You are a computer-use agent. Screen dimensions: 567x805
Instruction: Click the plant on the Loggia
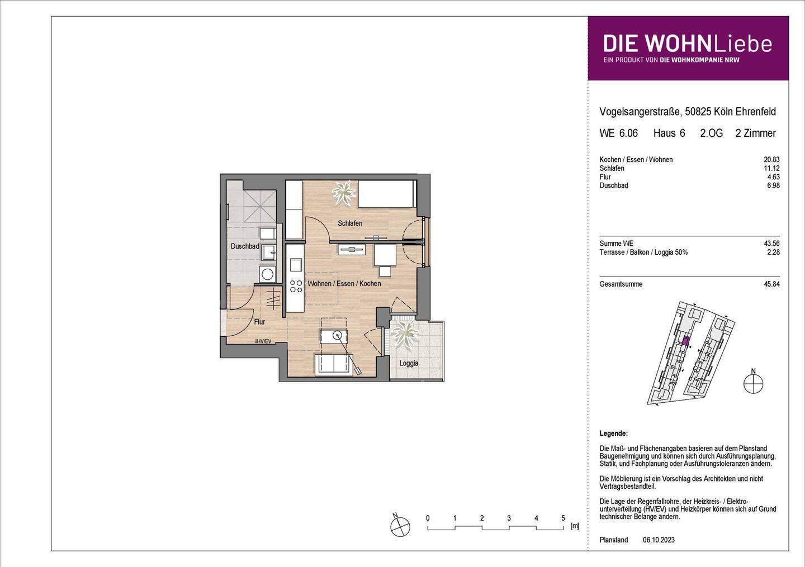(x=404, y=335)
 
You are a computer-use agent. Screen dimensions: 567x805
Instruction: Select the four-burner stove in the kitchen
(x=294, y=287)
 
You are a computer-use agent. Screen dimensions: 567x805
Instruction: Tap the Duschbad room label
(x=244, y=246)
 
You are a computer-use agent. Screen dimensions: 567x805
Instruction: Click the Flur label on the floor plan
(x=259, y=322)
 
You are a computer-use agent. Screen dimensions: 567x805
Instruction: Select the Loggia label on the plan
(x=409, y=363)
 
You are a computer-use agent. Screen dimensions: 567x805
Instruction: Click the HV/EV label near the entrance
(x=263, y=341)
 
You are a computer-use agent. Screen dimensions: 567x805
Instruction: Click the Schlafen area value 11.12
(x=773, y=168)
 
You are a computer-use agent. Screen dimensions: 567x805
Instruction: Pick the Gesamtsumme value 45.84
(x=771, y=284)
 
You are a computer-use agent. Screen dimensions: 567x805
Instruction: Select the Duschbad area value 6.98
(x=773, y=185)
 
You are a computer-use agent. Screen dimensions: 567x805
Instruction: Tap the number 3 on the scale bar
(x=509, y=518)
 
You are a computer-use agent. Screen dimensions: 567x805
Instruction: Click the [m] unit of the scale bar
(x=574, y=526)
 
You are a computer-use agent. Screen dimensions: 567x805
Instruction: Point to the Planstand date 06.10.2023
(x=659, y=540)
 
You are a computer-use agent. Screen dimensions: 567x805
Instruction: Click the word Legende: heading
(x=613, y=433)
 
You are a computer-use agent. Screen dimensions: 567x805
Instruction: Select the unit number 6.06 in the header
(x=628, y=133)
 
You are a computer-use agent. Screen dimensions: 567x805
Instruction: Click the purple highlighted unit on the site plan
(x=686, y=340)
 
